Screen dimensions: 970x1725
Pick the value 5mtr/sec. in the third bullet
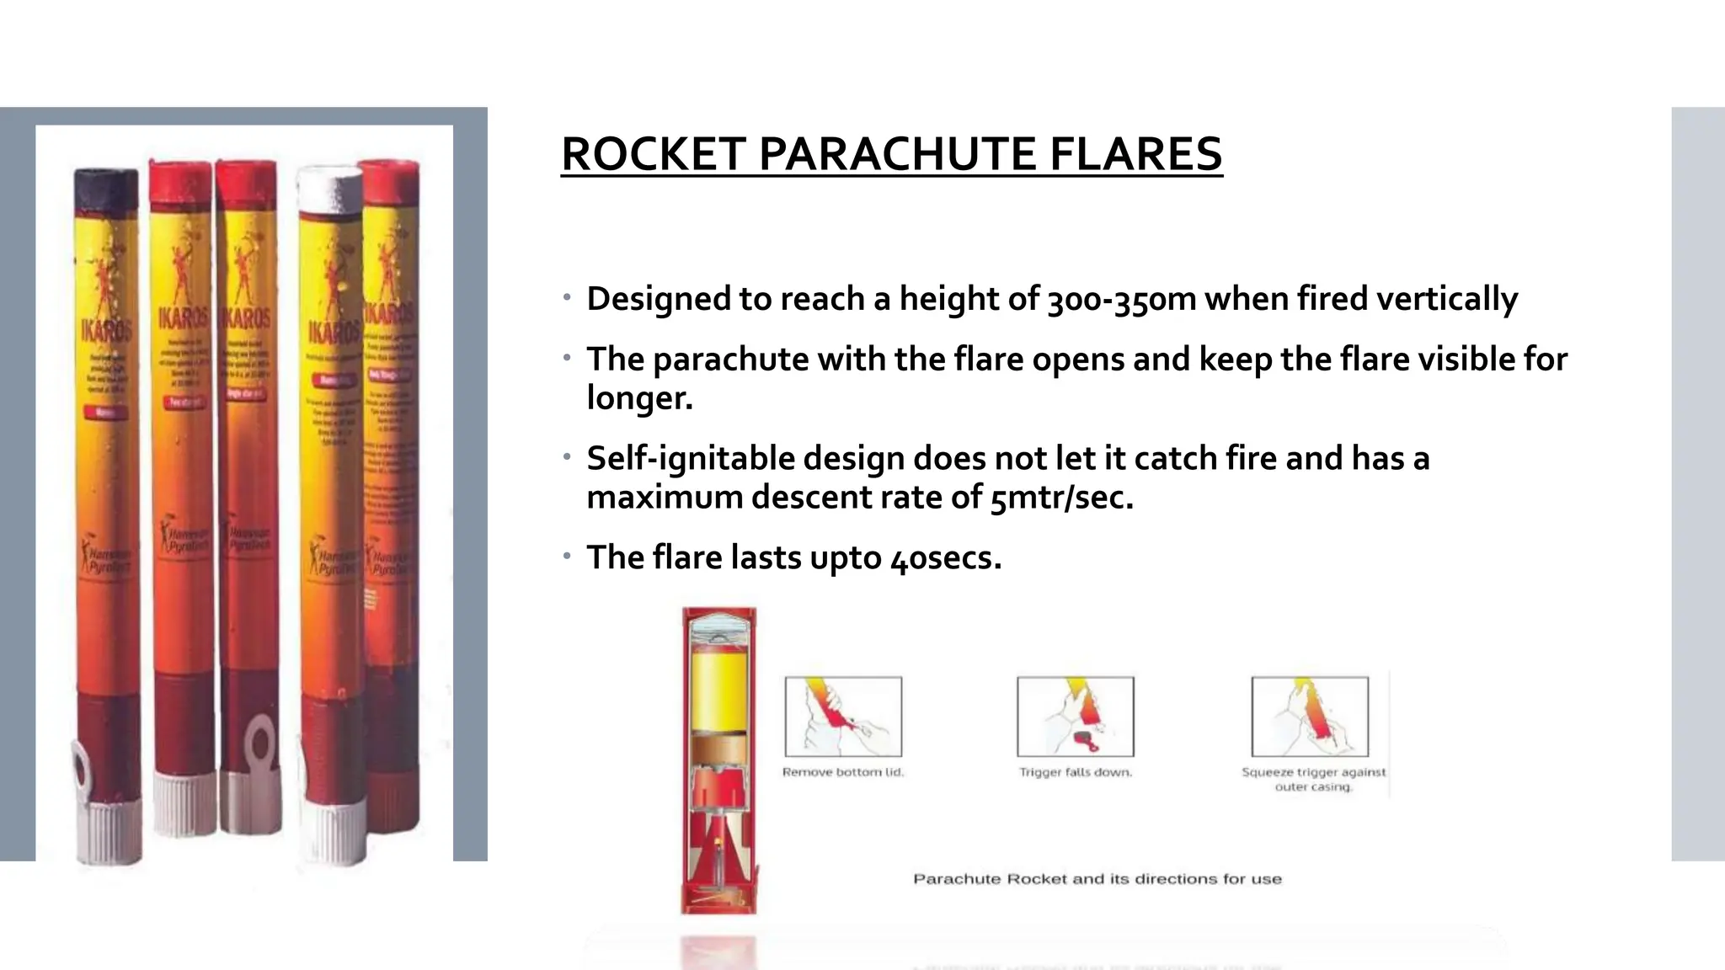[x=1061, y=498]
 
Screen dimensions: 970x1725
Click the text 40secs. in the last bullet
[x=946, y=558]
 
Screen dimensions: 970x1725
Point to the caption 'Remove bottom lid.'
[x=843, y=772]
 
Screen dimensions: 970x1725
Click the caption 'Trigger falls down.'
[x=1076, y=772]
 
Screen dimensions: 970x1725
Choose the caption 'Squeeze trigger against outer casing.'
[x=1313, y=779]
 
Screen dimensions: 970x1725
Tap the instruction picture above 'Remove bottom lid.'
[x=843, y=717]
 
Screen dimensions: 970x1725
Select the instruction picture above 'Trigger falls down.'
[x=1076, y=717]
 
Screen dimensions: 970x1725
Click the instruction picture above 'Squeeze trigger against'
[x=1310, y=717]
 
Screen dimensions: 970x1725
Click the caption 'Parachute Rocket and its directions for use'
[x=1097, y=879]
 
